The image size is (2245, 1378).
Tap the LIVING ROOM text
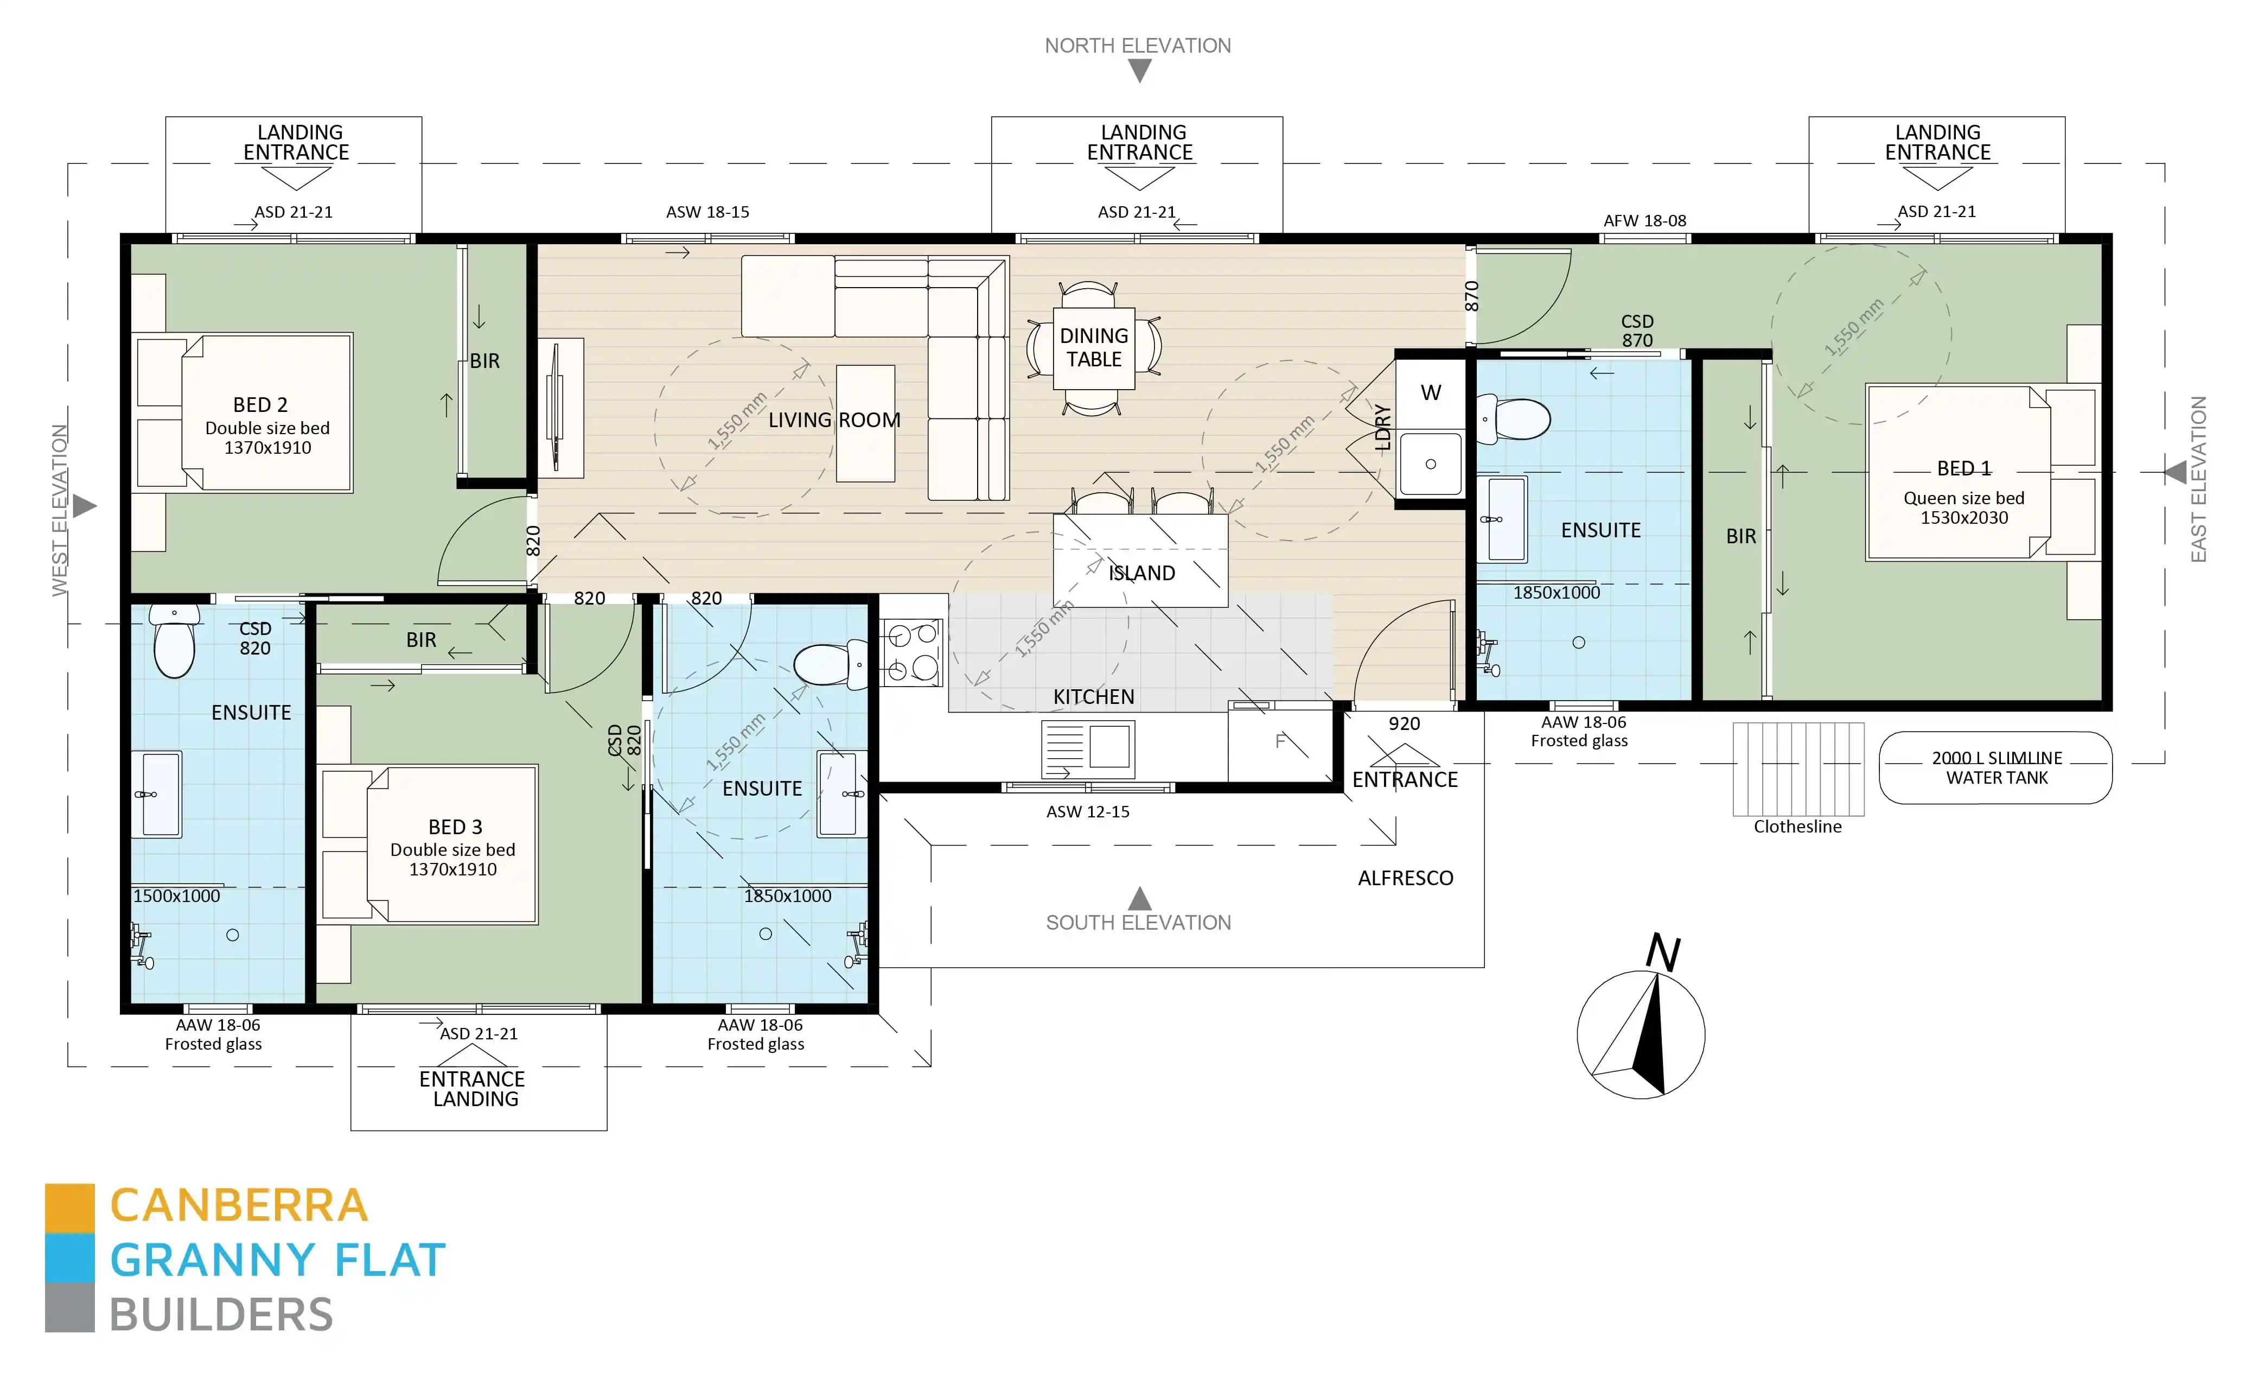coord(834,420)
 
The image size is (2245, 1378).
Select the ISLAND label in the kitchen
coord(1141,573)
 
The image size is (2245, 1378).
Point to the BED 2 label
coord(260,405)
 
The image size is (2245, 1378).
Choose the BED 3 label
coord(455,827)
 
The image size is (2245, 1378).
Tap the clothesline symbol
coord(1797,769)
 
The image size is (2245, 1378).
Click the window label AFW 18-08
coord(1644,220)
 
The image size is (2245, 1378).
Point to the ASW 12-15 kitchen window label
coord(1087,812)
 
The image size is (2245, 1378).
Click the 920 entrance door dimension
coord(1404,723)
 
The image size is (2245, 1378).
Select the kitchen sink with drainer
coord(1087,749)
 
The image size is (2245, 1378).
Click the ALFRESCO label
coord(1405,878)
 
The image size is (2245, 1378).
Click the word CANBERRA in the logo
coord(239,1206)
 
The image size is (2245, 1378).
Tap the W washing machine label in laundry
coord(1431,393)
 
